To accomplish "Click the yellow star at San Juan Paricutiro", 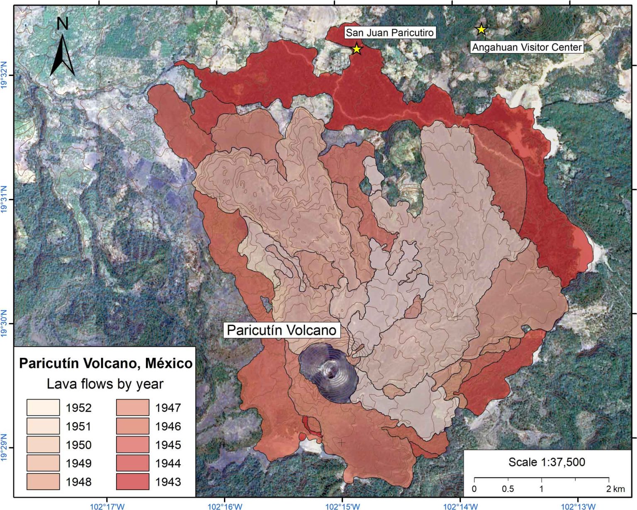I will [357, 49].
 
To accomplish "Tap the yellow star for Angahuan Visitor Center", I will [481, 29].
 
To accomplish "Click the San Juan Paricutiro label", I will [389, 33].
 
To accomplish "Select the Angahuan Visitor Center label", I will [527, 47].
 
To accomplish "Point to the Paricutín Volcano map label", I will [282, 330].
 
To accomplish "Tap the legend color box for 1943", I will [132, 482].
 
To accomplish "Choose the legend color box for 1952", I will [43, 408].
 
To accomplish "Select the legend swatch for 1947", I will [132, 408].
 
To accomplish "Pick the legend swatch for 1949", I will [43, 463].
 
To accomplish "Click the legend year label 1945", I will [168, 445].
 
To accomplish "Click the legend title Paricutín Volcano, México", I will [106, 363].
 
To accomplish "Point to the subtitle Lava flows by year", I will [105, 384].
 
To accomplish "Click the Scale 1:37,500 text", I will [547, 462].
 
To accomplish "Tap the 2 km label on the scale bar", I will [615, 489].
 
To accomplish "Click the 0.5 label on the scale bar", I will [508, 489].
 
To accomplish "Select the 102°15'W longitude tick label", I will [343, 506].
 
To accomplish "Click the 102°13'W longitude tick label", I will [578, 506].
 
